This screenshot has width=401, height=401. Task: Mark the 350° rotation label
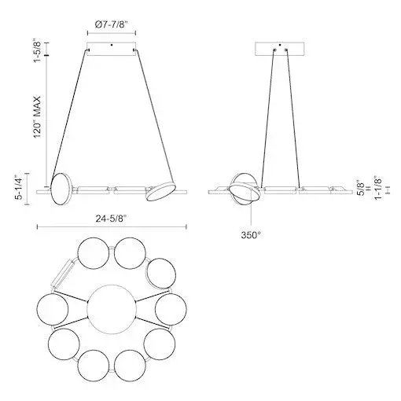(252, 234)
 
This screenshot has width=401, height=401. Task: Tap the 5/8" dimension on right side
(361, 187)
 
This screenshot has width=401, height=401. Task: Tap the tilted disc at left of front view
(60, 190)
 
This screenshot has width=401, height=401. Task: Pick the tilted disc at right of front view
(164, 191)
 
